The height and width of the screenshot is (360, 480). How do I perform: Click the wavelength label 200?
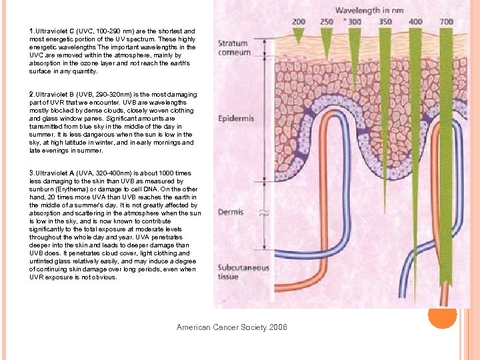point(298,21)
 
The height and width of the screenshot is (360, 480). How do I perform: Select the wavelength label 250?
point(326,21)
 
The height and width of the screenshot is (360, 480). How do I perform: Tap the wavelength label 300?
point(354,21)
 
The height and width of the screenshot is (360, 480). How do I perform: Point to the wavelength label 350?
point(385,21)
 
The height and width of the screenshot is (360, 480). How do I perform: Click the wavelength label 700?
point(446,21)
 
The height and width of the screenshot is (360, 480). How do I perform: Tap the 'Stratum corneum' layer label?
point(234,48)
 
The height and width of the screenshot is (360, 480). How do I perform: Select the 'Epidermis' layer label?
point(235,119)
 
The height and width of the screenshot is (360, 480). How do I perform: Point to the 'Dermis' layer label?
point(230,212)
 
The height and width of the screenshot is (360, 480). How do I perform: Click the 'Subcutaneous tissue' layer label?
point(243,272)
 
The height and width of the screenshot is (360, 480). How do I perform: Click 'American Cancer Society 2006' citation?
point(231,327)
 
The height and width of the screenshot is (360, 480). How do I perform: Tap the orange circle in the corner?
point(442,315)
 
